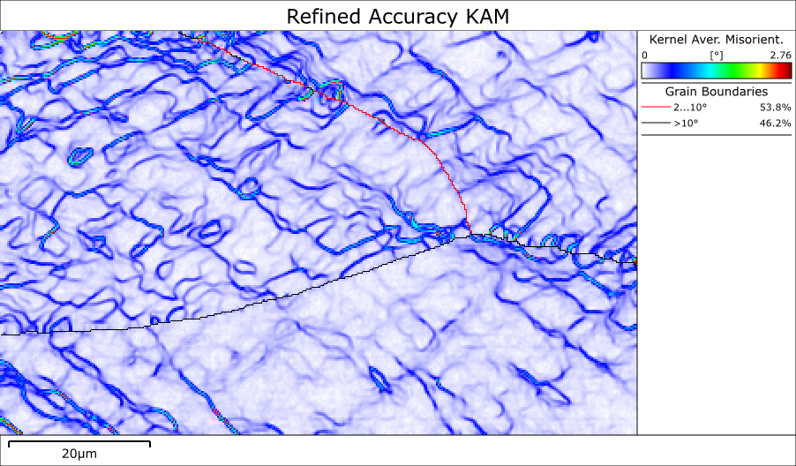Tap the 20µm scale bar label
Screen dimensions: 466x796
click(x=79, y=454)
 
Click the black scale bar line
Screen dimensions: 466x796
click(x=79, y=441)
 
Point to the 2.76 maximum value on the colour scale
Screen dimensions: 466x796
click(x=780, y=55)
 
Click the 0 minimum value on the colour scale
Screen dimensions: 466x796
click(x=645, y=55)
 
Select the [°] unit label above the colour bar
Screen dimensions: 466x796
click(x=716, y=55)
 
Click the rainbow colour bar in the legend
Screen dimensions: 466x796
click(x=716, y=71)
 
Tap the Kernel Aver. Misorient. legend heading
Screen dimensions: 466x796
click(x=716, y=40)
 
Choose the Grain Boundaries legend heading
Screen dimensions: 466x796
click(x=716, y=91)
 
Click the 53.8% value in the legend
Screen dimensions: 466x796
click(x=775, y=107)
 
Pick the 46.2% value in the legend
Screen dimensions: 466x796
click(x=775, y=124)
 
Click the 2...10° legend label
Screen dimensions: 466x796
click(x=690, y=107)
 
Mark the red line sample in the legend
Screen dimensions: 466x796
click(x=654, y=107)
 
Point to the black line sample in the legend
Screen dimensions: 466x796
click(x=654, y=124)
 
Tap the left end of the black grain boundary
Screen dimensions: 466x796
click(x=2, y=334)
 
